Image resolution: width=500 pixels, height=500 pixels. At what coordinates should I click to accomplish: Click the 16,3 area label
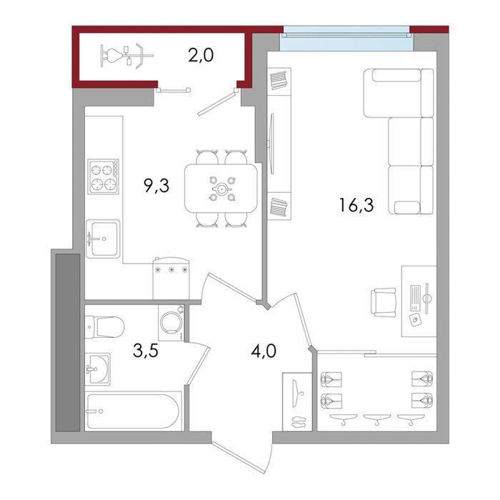[356, 205]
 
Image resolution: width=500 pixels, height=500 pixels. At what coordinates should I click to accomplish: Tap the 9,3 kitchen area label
[156, 186]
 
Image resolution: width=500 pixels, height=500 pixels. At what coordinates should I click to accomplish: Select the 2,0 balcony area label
[201, 56]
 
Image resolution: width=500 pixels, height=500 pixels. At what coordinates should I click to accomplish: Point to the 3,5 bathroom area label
[146, 351]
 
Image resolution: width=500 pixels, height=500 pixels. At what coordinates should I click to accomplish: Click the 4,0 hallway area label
[264, 351]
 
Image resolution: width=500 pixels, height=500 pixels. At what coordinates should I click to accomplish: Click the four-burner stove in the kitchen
[104, 176]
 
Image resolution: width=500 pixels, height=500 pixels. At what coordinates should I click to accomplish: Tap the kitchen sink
[103, 239]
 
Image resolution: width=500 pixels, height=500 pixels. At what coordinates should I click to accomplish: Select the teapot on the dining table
[221, 189]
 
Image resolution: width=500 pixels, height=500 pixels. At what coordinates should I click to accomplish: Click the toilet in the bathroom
[104, 327]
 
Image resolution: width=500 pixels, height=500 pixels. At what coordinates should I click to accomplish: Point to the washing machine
[171, 323]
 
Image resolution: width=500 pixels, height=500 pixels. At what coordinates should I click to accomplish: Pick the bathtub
[133, 411]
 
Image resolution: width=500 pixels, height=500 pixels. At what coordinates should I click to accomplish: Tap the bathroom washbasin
[98, 369]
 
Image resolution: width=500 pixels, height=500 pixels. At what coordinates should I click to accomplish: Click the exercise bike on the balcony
[126, 56]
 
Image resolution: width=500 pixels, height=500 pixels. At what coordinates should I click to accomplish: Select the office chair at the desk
[384, 302]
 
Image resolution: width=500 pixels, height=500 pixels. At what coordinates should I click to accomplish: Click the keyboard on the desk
[416, 298]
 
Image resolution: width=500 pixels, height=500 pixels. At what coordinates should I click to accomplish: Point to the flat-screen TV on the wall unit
[271, 144]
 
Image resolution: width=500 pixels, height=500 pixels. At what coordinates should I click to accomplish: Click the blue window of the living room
[346, 39]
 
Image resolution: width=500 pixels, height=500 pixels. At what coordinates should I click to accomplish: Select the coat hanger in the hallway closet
[298, 394]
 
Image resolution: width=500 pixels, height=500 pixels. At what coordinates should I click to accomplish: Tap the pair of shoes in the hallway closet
[298, 422]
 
